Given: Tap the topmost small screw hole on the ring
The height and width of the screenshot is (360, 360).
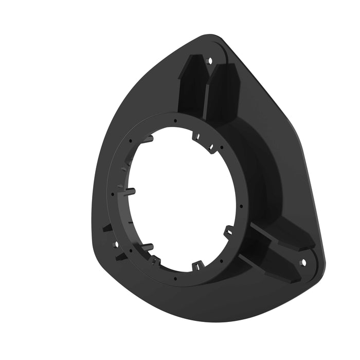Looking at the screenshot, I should [175, 121].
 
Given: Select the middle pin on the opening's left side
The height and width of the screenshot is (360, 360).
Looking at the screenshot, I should [130, 191].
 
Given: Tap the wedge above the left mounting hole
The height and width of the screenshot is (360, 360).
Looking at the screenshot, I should [106, 227].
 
